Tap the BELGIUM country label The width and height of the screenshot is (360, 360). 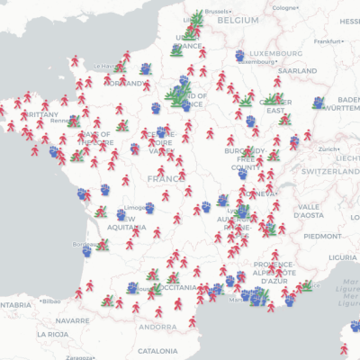[238, 18]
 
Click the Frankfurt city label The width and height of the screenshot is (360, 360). [328, 40]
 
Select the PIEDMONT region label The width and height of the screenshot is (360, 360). [322, 236]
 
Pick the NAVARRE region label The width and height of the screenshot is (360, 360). [72, 319]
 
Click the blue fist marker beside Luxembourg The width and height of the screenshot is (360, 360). [240, 56]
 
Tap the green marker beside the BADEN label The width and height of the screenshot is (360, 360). [318, 103]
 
